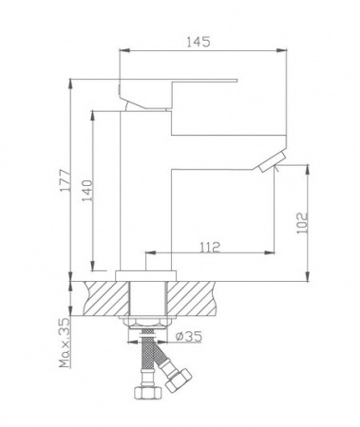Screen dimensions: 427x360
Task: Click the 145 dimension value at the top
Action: click(198, 43)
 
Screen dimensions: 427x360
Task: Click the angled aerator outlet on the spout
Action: click(266, 167)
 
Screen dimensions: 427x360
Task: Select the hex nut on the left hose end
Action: click(144, 393)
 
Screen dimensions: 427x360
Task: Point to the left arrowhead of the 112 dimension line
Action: click(148, 254)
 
